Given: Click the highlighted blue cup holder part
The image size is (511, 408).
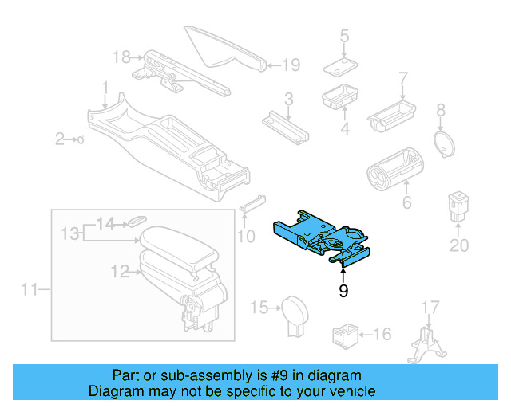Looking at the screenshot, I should (319, 236).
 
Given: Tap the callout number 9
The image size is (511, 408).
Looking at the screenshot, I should (343, 292).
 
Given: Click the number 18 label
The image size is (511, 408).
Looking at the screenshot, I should (121, 57).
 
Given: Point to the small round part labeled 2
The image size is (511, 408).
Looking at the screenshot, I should (81, 139).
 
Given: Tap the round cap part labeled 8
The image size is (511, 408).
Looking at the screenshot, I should (442, 144).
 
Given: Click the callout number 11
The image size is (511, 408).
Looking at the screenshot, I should (30, 290).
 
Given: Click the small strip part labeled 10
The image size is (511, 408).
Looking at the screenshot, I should (252, 202).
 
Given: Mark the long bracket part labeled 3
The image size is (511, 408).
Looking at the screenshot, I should (287, 124).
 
